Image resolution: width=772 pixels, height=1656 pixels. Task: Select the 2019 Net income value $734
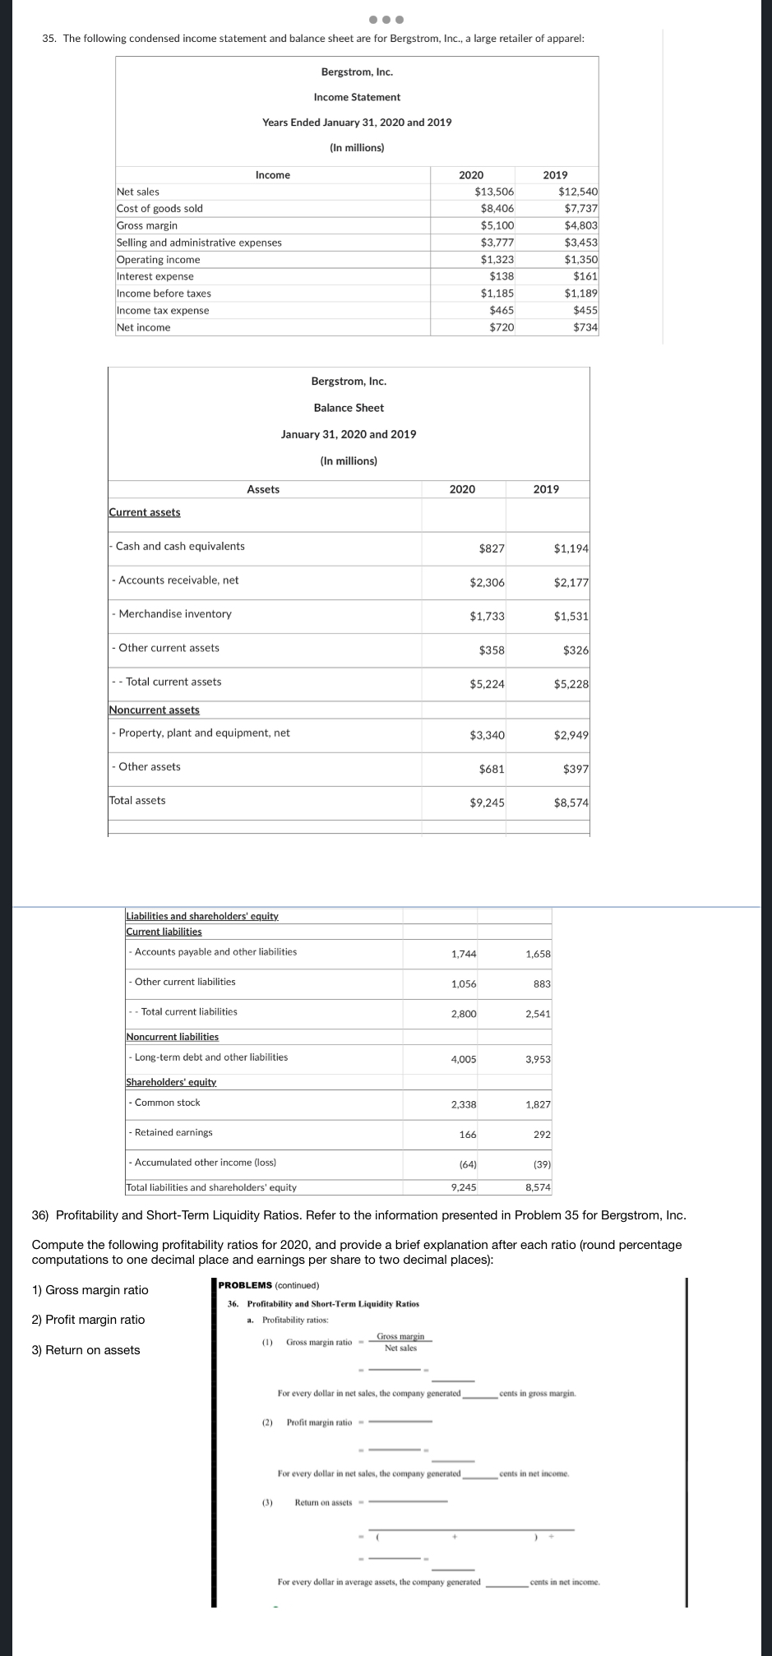click(x=585, y=327)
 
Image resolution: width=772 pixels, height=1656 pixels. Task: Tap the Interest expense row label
click(x=155, y=276)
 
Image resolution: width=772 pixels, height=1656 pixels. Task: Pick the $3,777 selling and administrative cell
click(x=497, y=243)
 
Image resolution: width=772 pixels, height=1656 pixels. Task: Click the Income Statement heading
click(x=357, y=97)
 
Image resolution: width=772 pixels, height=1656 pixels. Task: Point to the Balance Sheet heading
click(x=349, y=408)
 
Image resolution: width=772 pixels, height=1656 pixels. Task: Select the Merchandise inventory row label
click(x=175, y=614)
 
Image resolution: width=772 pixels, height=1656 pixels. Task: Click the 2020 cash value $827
click(x=492, y=548)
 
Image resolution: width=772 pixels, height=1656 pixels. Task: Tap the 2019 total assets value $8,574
click(x=571, y=803)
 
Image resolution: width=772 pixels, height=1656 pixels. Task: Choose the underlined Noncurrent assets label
click(x=155, y=710)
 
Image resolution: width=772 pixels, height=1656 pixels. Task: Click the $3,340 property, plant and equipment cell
click(x=487, y=735)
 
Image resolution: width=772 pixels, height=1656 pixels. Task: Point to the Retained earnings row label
click(x=173, y=1132)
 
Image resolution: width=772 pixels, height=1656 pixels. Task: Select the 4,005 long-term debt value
click(x=464, y=1059)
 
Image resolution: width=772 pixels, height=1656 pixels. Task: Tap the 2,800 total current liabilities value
click(x=464, y=1014)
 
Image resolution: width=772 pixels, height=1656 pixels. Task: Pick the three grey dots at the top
click(x=386, y=19)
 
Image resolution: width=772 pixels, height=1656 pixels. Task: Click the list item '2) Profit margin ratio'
click(x=89, y=1320)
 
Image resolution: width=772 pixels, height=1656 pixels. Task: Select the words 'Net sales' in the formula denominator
click(x=400, y=1348)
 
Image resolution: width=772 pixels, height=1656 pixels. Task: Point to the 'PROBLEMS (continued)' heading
click(x=269, y=1285)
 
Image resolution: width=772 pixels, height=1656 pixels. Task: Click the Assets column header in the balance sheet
click(x=263, y=489)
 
